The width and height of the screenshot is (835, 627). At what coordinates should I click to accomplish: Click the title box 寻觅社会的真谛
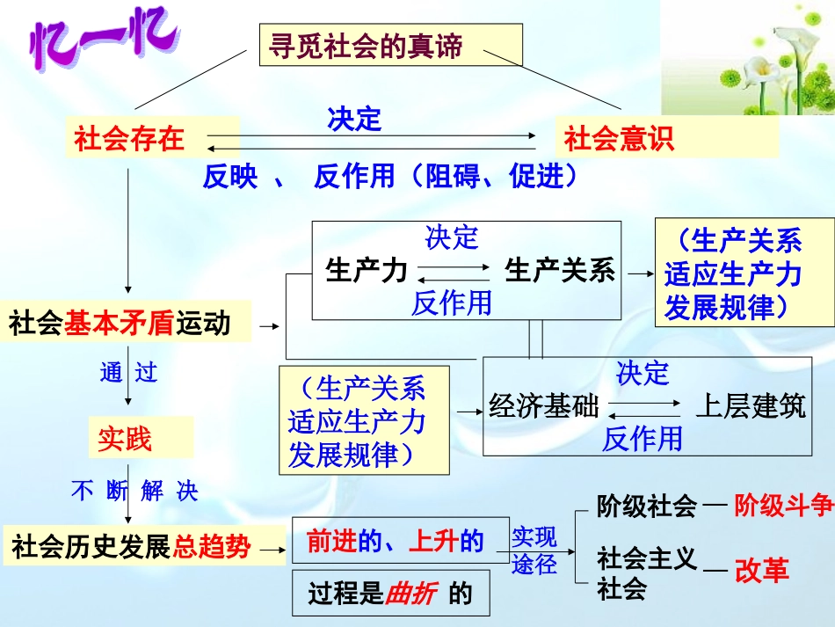click(390, 46)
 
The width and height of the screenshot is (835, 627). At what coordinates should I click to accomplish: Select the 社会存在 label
click(129, 139)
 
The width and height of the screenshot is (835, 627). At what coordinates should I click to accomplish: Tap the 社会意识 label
click(619, 139)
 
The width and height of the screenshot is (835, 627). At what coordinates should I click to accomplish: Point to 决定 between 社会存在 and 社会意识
click(354, 119)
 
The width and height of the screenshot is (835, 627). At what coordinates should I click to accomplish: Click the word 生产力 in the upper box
click(367, 269)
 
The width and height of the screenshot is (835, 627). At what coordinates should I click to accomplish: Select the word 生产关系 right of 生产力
click(560, 269)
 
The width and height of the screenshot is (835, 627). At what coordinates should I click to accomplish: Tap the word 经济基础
click(543, 407)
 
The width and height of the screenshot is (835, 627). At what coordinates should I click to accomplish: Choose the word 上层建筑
click(750, 407)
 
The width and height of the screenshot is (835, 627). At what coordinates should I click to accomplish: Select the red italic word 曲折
click(411, 594)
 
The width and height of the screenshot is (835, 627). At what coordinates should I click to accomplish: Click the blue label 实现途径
click(534, 550)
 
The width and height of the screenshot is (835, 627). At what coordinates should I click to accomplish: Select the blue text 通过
click(128, 373)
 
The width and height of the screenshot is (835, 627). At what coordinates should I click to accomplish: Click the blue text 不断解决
click(134, 492)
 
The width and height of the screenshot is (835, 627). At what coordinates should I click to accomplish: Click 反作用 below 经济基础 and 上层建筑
click(642, 439)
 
